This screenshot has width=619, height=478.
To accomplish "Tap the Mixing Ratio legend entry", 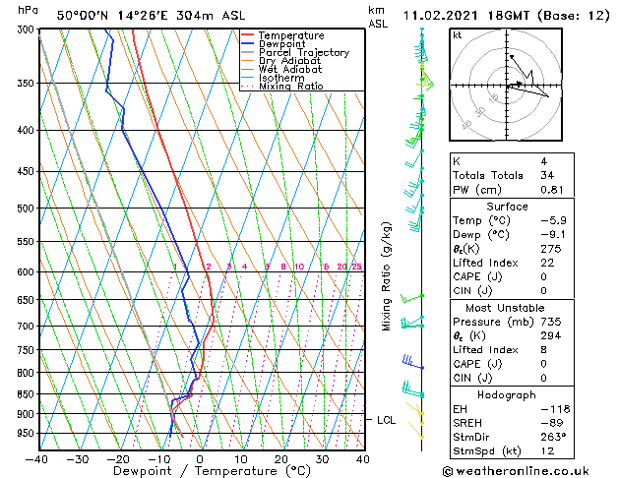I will tap(291, 87).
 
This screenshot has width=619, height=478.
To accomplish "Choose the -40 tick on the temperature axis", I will tap(38, 458).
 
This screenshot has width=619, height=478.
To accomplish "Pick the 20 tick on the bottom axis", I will tap(281, 458).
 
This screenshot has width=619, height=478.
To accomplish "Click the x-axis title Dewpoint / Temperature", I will tap(200, 471).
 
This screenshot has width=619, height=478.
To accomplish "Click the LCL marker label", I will tap(387, 420).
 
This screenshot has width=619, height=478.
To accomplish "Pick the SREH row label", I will tap(468, 422).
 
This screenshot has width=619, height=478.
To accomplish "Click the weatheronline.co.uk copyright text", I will tap(527, 469).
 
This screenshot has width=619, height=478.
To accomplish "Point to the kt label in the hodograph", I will tap(457, 34).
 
